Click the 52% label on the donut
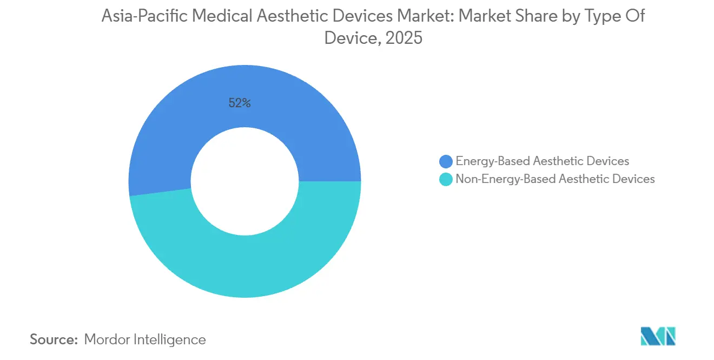tap(239, 103)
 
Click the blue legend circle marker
tap(446, 161)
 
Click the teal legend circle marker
tap(446, 179)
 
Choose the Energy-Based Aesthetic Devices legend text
tap(542, 161)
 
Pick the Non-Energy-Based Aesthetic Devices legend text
tap(555, 179)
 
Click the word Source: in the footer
tap(54, 339)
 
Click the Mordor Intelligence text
tap(145, 339)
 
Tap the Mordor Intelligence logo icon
tap(658, 337)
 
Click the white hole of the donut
tap(244, 181)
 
